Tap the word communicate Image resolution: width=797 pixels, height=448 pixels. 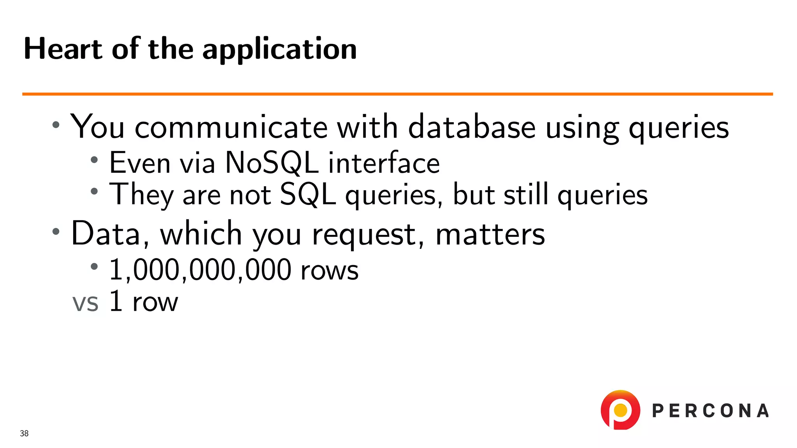tap(231, 127)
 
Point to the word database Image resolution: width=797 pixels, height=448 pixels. tap(472, 127)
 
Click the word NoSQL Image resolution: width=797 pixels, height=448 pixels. tap(272, 163)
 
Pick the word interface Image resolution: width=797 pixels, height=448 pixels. tap(384, 163)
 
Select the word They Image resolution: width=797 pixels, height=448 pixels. tap(141, 194)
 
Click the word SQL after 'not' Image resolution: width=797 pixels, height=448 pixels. tap(308, 194)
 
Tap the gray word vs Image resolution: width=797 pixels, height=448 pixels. tap(86, 303)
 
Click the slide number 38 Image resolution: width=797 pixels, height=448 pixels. tap(24, 433)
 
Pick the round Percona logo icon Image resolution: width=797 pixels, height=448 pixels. tap(620, 410)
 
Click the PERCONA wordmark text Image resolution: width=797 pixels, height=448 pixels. tap(710, 411)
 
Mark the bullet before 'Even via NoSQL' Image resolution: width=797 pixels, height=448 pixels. tap(94, 159)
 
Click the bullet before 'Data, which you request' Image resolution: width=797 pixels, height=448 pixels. tap(56, 231)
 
